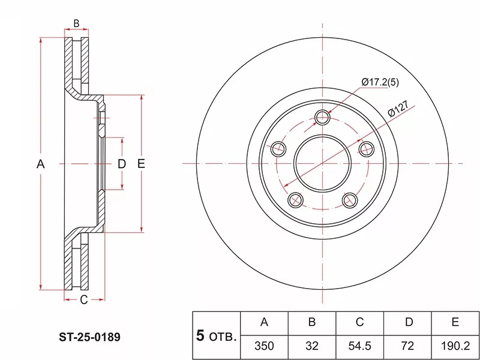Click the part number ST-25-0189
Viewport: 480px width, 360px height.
point(89,337)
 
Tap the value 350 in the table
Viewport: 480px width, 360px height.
point(264,346)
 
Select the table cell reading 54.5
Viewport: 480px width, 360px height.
point(359,346)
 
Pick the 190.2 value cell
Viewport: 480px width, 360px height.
point(455,346)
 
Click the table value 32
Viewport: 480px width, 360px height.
point(312,346)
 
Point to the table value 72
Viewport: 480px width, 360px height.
point(407,346)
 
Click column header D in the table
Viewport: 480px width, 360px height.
point(409,322)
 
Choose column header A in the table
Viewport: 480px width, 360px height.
point(264,322)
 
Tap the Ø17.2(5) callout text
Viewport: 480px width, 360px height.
point(380,82)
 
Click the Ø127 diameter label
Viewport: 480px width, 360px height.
point(398,109)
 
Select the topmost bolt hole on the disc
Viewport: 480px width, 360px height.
point(322,117)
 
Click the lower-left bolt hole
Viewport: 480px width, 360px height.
point(295,200)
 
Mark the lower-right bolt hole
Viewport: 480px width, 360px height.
point(350,200)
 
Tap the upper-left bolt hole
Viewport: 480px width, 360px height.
point(278,149)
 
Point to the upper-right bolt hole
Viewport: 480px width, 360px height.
point(366,149)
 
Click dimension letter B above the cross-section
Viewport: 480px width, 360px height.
point(77,23)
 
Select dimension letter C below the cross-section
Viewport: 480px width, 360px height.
point(84,300)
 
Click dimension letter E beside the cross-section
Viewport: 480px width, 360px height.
point(141,164)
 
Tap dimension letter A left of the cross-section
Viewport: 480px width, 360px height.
point(41,164)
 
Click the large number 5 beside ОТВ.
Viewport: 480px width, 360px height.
point(200,335)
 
